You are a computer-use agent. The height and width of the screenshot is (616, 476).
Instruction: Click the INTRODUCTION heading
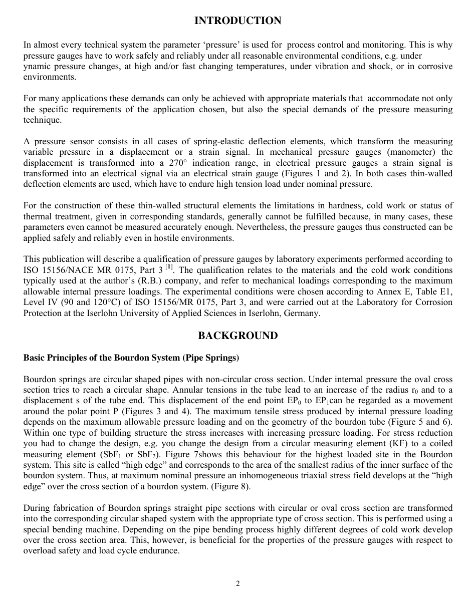pyautogui.click(x=237, y=21)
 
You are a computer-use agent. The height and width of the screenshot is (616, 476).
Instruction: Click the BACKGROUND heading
pyautogui.click(x=237, y=336)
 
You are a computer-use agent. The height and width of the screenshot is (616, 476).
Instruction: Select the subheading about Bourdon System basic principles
pyautogui.click(x=131, y=358)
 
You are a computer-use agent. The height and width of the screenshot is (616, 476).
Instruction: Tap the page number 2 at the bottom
pyautogui.click(x=238, y=583)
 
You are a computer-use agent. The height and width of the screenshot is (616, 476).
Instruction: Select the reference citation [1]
pyautogui.click(x=169, y=267)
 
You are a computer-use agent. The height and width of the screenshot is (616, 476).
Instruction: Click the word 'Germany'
pyautogui.click(x=302, y=313)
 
